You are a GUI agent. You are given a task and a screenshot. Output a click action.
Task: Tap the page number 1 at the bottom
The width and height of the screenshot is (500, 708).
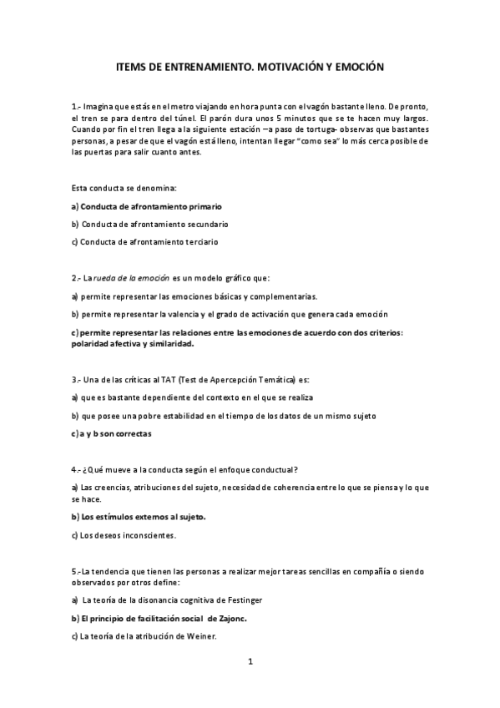pos(250,661)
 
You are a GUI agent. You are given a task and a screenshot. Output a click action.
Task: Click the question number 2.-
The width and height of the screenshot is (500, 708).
pos(77,277)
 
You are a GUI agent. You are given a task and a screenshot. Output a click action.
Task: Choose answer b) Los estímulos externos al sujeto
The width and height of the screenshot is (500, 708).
pos(139,517)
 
